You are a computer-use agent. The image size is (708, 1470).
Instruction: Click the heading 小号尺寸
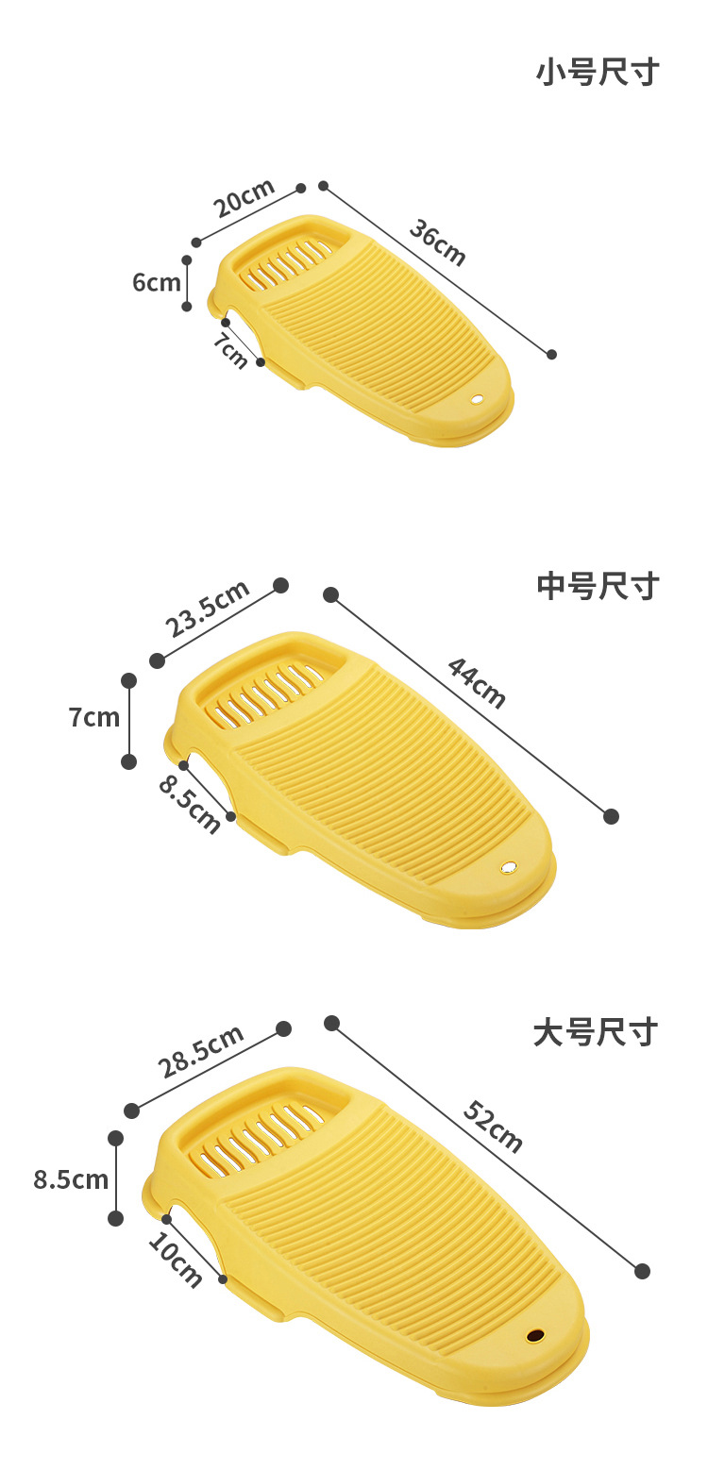(597, 73)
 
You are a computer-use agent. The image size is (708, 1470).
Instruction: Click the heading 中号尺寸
(597, 586)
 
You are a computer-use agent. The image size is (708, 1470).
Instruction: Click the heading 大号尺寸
(595, 1032)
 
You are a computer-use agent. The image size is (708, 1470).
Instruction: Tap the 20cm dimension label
(244, 197)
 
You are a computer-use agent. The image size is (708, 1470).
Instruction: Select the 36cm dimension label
(437, 242)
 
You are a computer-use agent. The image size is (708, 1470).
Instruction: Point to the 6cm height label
(156, 282)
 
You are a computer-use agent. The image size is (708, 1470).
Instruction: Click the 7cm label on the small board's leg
(230, 351)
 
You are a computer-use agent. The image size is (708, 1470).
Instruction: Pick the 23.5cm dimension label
(208, 609)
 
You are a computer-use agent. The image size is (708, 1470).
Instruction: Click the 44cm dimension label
(476, 682)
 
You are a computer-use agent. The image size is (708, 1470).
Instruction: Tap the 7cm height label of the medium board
(94, 717)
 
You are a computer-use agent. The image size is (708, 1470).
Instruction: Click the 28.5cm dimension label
(201, 1050)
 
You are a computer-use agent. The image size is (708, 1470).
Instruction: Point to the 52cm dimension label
(493, 1127)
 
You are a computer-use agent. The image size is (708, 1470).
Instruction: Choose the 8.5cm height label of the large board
(71, 1179)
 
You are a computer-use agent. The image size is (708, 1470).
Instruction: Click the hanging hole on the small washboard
(476, 399)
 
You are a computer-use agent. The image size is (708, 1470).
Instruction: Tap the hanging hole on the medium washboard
(510, 866)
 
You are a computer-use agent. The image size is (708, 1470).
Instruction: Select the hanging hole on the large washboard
(535, 1336)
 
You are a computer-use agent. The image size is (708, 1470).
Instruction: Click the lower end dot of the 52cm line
(643, 1271)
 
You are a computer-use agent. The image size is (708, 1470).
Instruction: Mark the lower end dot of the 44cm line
(611, 816)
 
